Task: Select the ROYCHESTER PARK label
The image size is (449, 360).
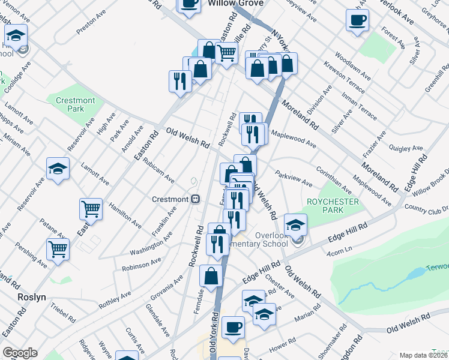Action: (x=333, y=206)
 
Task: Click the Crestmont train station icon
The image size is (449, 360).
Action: (x=195, y=199)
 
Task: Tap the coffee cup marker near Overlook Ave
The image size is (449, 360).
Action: (x=357, y=20)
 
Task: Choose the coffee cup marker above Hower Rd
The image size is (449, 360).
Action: (x=233, y=328)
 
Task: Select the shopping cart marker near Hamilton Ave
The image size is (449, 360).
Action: (x=91, y=210)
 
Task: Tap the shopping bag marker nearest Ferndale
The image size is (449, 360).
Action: (x=211, y=277)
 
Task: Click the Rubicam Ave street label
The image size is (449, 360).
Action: (x=158, y=174)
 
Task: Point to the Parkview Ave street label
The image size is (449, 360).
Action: (x=294, y=178)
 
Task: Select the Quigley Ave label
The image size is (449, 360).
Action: (x=406, y=147)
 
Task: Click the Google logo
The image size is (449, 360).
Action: (x=20, y=353)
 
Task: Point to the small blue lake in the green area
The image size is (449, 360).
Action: (x=415, y=274)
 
